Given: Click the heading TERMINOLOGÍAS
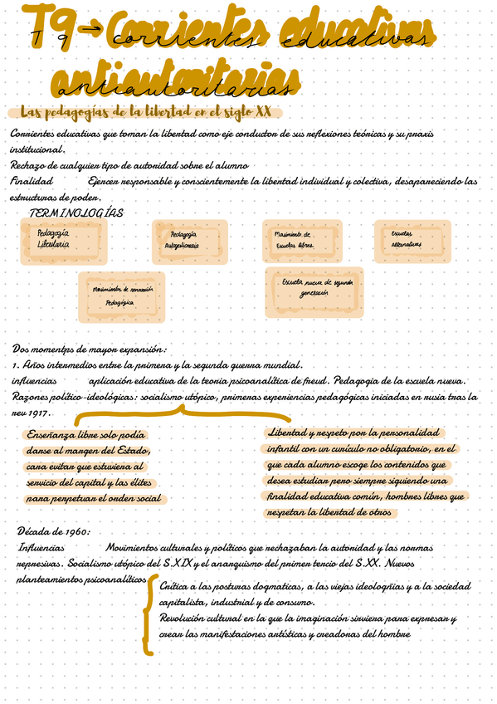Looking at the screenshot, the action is pos(76,213).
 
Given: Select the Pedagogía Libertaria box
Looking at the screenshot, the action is pos(54,240).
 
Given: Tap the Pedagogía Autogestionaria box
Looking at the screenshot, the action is pos(188,241).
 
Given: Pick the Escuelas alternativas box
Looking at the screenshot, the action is pos(412,239).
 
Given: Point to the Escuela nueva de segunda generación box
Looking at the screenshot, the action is pos(314,291).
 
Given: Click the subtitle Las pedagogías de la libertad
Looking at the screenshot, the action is pos(145,112).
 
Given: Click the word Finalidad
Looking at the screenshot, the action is pos(32,180).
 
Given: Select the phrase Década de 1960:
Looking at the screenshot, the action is pos(53,531).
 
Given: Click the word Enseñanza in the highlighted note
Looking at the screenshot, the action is pos(51,434).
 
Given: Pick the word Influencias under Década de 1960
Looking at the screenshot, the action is pos(41,548).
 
